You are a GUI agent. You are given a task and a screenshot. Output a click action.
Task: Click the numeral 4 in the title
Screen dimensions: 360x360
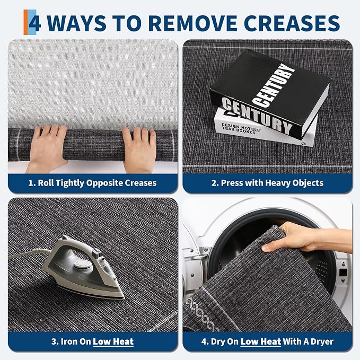click(x=35, y=23)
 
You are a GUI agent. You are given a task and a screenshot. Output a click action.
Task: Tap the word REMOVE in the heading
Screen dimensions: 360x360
click(x=194, y=23)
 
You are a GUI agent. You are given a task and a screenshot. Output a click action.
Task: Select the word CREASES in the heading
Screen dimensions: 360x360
click(x=292, y=23)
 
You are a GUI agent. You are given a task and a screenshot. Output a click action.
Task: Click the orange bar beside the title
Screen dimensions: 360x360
click(x=25, y=22)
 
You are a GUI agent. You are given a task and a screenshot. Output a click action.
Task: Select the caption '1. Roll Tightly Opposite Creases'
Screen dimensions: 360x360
click(x=93, y=183)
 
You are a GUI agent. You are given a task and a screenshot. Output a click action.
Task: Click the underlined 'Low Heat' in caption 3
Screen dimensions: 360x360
click(x=113, y=341)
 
